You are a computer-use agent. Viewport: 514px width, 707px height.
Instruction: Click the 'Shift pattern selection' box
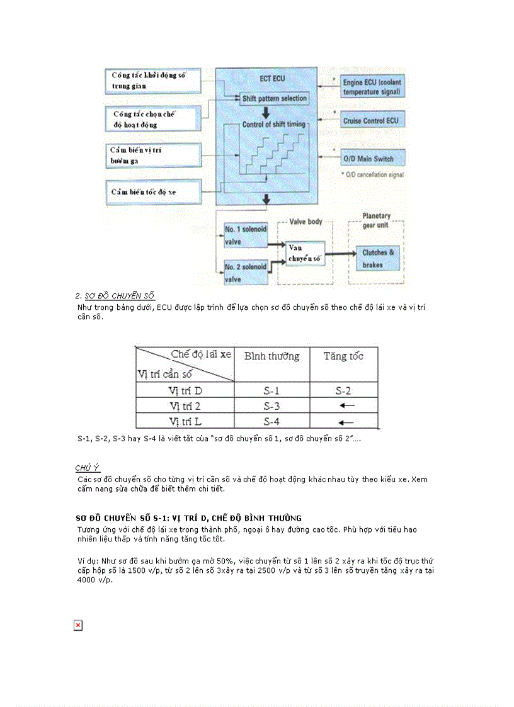click(x=274, y=99)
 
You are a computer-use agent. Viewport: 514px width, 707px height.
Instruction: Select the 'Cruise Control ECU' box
click(x=370, y=120)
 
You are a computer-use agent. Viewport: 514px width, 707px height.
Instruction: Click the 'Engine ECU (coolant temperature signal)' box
click(x=372, y=88)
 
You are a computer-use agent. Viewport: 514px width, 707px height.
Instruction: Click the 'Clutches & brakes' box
click(x=378, y=259)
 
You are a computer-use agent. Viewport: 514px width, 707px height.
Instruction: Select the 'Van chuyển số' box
click(x=305, y=253)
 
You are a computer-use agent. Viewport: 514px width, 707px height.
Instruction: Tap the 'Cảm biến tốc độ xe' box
click(x=154, y=190)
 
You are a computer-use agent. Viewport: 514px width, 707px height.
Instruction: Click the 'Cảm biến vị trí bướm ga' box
click(x=154, y=156)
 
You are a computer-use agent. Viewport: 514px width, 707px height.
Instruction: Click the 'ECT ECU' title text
click(x=273, y=79)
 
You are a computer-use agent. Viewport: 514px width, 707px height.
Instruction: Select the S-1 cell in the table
click(x=271, y=391)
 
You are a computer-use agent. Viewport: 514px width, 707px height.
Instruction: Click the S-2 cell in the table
click(x=343, y=391)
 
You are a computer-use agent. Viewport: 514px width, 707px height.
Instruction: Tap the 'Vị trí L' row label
click(x=185, y=421)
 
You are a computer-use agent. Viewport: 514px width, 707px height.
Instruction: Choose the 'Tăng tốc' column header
click(x=343, y=356)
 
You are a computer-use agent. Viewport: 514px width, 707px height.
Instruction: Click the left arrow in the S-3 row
click(x=346, y=406)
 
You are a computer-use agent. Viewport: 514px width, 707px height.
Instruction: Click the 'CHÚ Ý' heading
click(x=88, y=468)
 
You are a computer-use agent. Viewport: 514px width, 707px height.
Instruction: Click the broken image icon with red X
click(x=78, y=625)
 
